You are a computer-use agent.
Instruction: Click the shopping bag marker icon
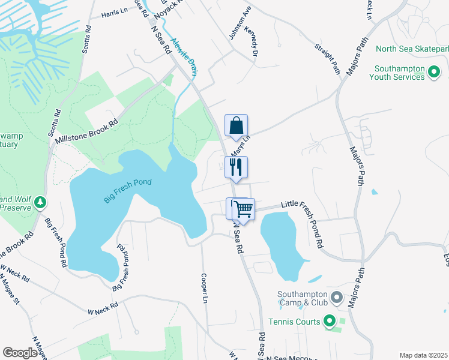pos(236,126)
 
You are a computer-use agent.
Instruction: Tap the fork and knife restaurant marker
pos(236,167)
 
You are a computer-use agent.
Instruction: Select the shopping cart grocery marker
pos(243,209)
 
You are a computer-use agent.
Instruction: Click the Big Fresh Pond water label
pos(127,191)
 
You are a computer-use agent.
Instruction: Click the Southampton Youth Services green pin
pos(435,73)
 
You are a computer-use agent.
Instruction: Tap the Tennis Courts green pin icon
pos(329,322)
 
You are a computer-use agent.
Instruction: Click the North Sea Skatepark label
pos(412,49)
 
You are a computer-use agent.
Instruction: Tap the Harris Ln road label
pos(115,13)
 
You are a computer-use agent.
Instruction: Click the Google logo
pos(20,353)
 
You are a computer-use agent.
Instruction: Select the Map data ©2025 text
pos(423,355)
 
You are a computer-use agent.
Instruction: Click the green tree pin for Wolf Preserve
pos(40,202)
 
